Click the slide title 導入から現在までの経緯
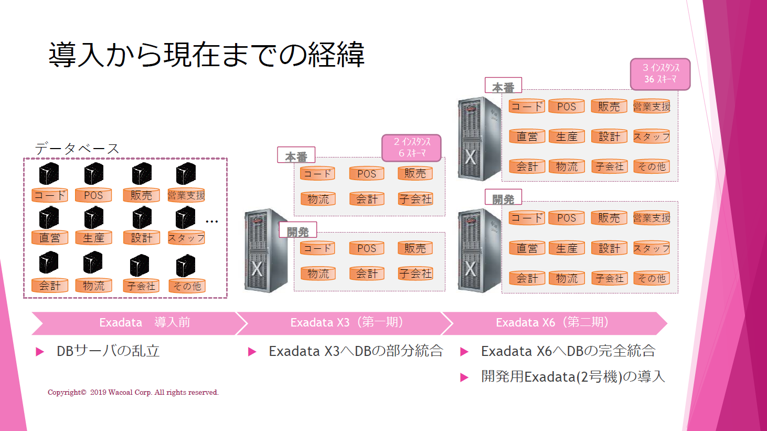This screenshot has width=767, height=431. click(206, 55)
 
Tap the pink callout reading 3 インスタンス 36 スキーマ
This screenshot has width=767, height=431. click(660, 74)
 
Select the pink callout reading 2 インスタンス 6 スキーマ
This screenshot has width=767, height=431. click(411, 148)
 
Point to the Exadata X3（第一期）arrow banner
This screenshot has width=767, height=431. click(344, 323)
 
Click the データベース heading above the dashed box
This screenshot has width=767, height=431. click(77, 149)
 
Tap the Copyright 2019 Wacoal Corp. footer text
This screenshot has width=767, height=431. click(133, 392)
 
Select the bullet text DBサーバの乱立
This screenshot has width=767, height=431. click(108, 351)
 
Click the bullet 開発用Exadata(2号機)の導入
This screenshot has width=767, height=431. click(573, 377)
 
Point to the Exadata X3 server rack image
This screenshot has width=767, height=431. click(265, 250)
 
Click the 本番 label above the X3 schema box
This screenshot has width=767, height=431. click(296, 156)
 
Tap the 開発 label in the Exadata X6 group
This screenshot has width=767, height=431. click(503, 198)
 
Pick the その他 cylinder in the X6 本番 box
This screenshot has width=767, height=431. click(652, 167)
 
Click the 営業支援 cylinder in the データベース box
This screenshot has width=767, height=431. click(186, 195)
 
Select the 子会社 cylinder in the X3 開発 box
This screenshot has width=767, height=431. click(415, 274)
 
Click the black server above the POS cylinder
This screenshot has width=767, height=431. click(93, 173)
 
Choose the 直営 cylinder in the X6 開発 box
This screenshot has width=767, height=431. click(527, 248)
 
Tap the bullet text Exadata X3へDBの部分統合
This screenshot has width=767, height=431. click(356, 351)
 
